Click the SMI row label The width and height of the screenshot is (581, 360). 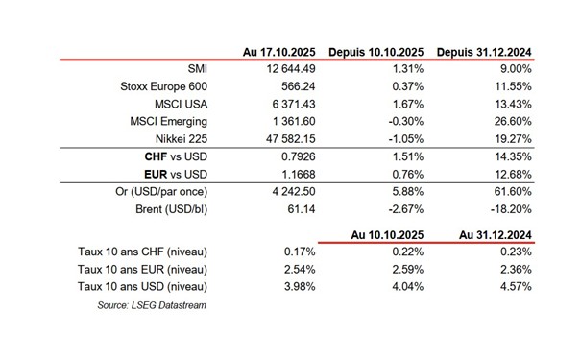pos(198,69)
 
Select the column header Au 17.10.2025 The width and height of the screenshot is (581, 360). pos(279,52)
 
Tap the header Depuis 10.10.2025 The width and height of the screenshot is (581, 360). pos(376,52)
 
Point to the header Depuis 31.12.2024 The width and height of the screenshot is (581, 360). pos(484,52)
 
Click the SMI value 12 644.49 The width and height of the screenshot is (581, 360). pos(291,69)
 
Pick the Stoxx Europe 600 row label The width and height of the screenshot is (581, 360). pos(164,86)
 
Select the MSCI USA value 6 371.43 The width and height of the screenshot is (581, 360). pos(294,104)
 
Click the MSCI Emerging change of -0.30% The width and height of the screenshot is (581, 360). pos(405,122)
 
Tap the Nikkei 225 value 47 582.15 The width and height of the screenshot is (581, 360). pos(290,139)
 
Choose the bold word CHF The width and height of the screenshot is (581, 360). pos(156,156)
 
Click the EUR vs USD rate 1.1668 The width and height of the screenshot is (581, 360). pos(299,174)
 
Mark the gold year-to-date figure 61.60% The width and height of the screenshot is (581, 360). pos(513,191)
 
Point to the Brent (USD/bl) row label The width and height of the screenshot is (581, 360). pos(172,209)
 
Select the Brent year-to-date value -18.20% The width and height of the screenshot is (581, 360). pos(511,209)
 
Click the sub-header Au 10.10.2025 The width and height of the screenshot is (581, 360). pos(387,235)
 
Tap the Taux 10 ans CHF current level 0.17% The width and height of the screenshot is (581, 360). pos(300,252)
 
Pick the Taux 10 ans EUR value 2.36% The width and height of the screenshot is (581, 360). pos(516,269)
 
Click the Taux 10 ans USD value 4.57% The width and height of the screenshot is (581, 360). pos(516,287)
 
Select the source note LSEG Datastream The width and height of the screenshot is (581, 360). pos(169,305)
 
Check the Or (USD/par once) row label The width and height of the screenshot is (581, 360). pos(161,192)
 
